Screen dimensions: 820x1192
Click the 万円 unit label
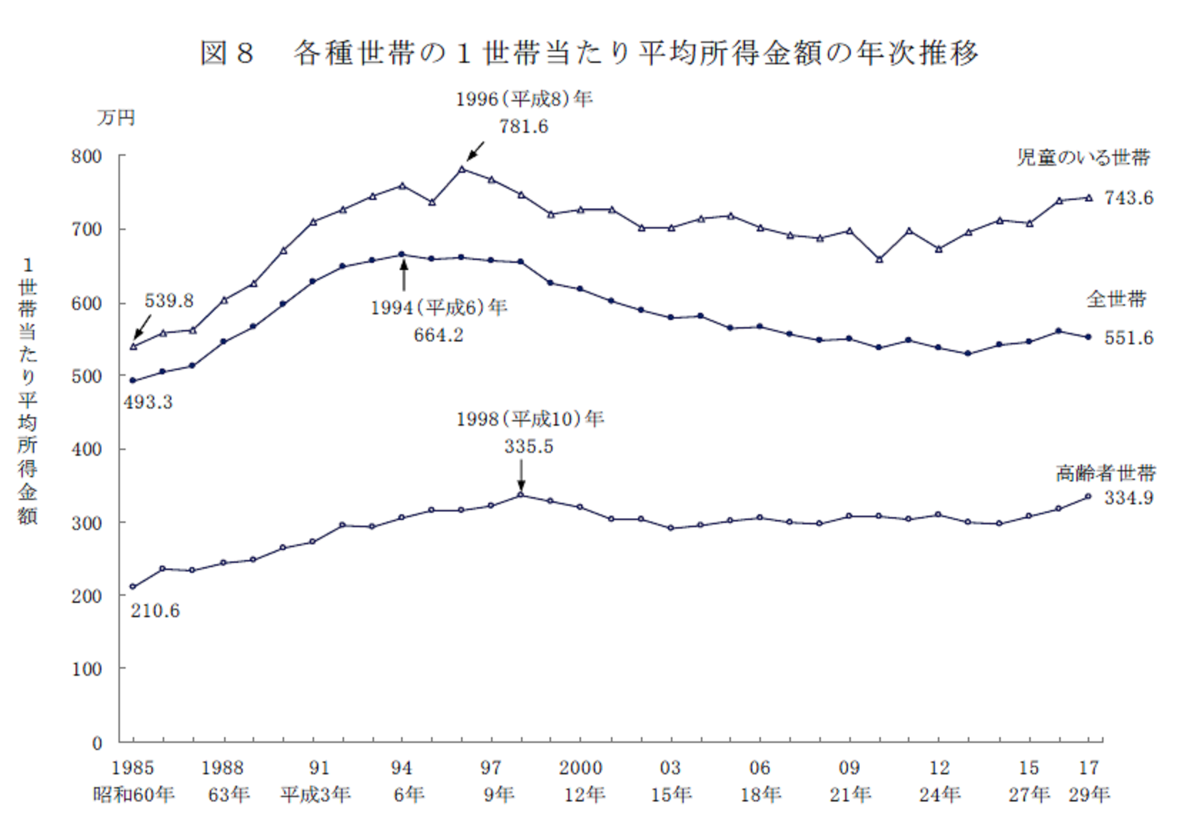116,118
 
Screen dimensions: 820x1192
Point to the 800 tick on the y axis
86,156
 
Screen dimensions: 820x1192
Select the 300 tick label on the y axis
86,523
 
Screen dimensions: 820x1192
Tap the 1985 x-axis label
133,768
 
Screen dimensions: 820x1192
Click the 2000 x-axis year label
580,768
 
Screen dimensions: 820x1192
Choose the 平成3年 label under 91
315,794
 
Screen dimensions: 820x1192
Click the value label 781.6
523,126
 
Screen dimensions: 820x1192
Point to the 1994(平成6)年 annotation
438,308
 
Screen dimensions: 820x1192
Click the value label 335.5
528,446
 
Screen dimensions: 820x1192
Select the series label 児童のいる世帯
1084,158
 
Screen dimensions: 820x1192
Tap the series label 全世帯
1116,299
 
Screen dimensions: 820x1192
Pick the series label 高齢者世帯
1106,473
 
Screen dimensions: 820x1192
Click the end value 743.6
1128,198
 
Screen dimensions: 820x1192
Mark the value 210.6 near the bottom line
155,611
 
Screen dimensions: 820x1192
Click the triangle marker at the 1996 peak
462,169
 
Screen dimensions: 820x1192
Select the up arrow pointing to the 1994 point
404,276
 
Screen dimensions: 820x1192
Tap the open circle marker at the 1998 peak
521,494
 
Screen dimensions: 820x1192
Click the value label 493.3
148,402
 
